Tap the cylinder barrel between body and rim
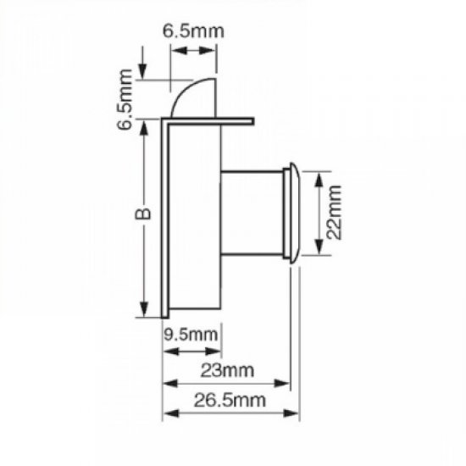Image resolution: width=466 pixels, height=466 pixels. click(x=251, y=212)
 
